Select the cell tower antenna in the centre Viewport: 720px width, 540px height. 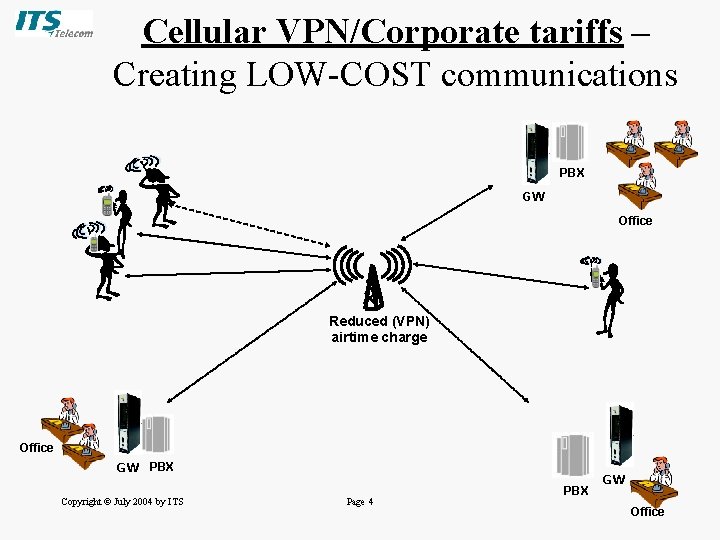click(372, 279)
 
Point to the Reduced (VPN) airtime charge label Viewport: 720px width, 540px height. click(379, 329)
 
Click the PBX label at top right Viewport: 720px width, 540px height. click(572, 173)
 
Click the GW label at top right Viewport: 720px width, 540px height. click(534, 197)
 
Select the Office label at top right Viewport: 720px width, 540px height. click(635, 221)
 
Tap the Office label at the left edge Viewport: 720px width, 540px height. click(37, 448)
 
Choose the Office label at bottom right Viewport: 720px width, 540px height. click(647, 512)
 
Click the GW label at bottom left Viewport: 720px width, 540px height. click(128, 467)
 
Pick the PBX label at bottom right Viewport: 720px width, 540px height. click(575, 491)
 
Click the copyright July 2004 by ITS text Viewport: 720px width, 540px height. click(121, 501)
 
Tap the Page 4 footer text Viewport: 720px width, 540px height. click(359, 501)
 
